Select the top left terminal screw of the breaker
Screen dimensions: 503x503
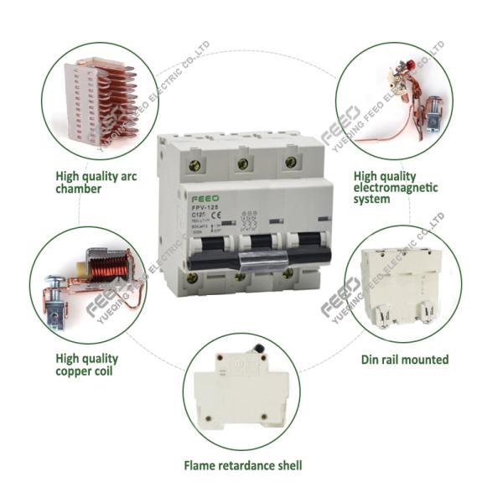(x=199, y=165)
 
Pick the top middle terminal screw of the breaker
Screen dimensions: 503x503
(x=244, y=163)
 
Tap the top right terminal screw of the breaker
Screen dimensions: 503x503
(x=290, y=162)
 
